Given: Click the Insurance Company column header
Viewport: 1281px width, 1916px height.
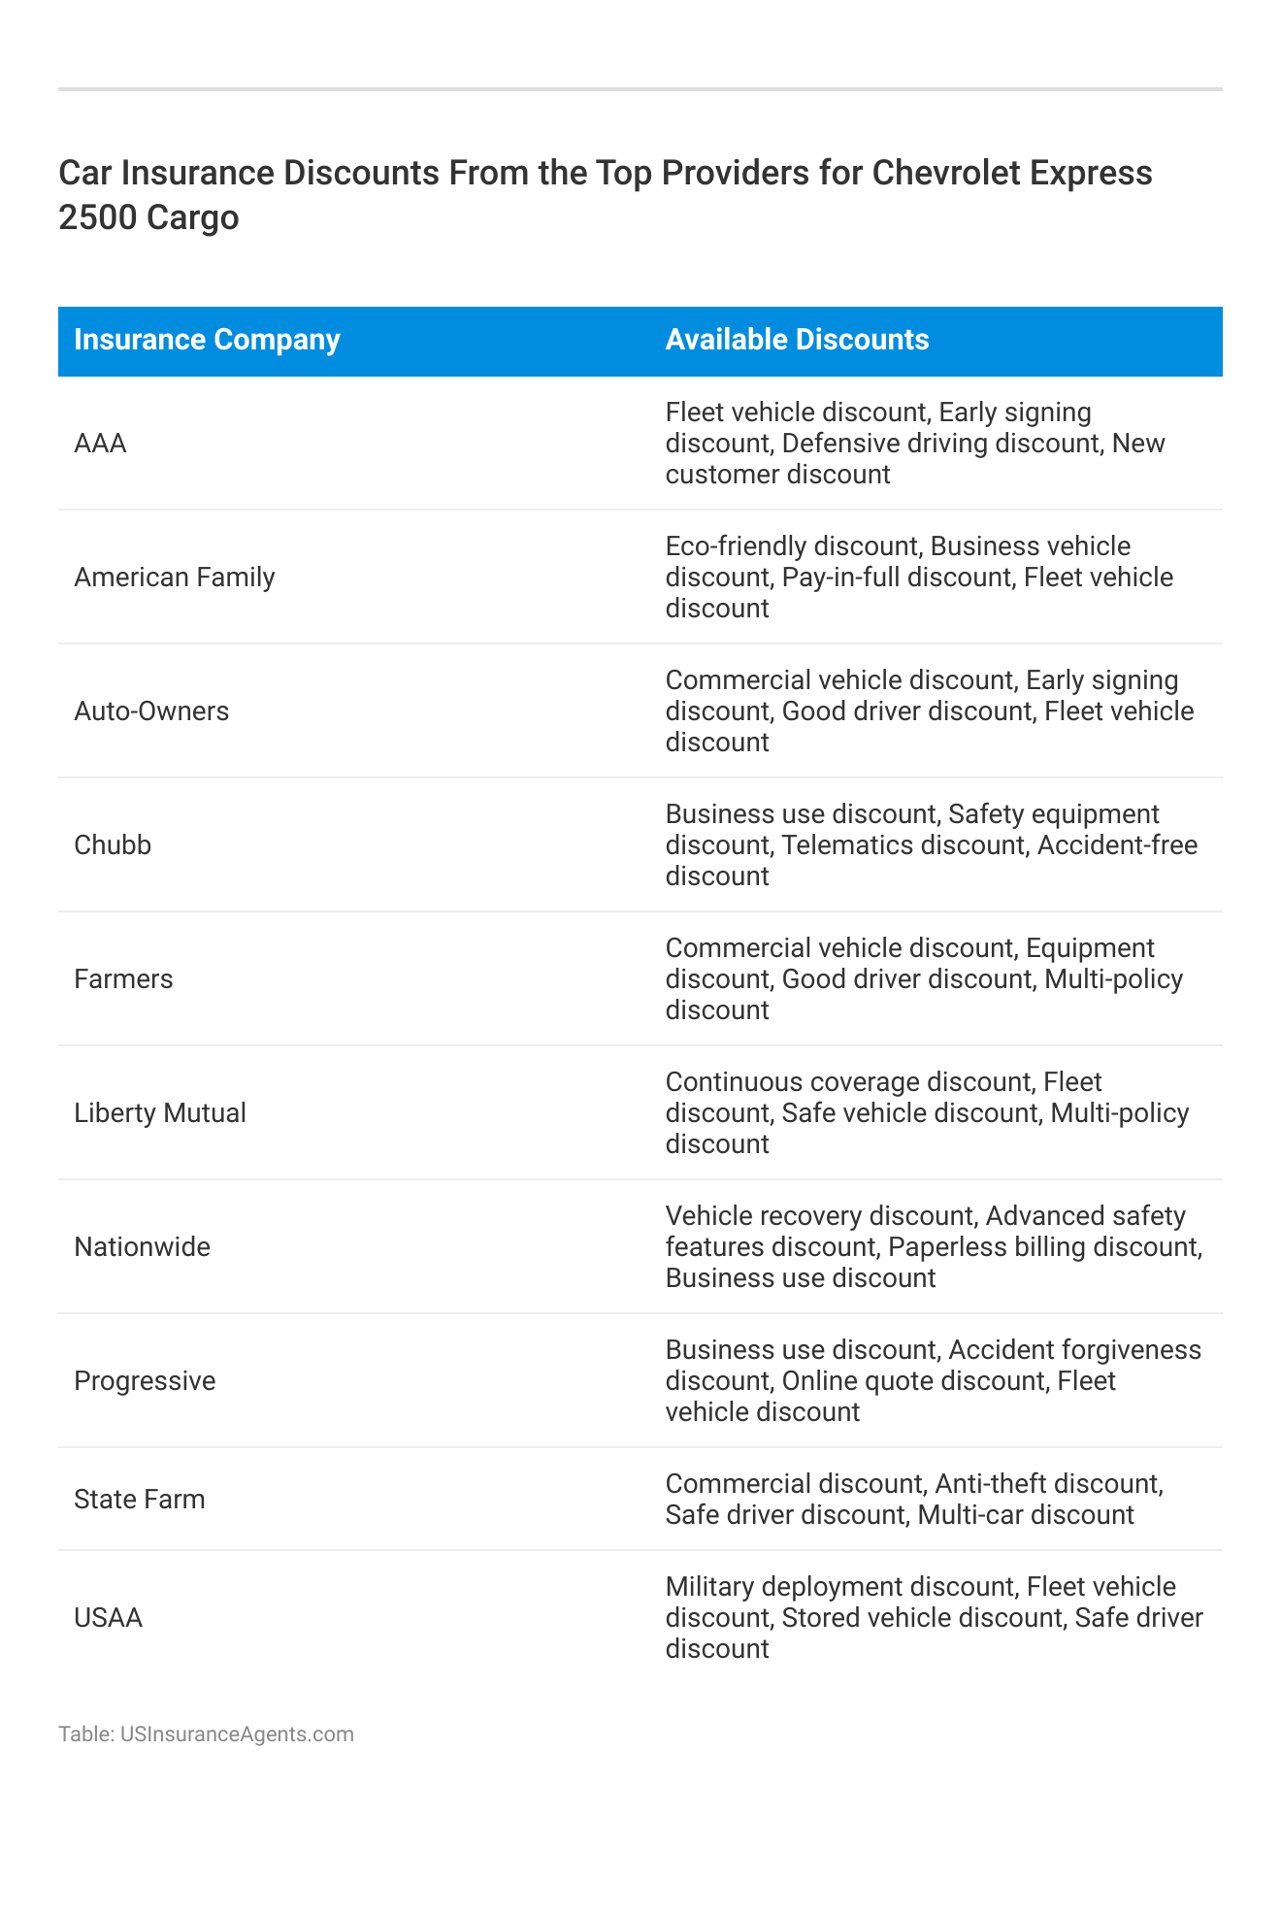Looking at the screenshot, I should click(207, 340).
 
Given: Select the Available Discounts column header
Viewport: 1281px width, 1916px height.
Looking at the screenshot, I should click(797, 340).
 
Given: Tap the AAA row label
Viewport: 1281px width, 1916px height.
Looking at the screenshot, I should click(100, 444).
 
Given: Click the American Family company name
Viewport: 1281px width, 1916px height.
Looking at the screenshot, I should click(175, 578).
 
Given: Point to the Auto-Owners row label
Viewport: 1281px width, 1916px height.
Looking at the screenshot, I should click(151, 711).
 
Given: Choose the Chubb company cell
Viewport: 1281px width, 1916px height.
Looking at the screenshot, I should click(113, 845).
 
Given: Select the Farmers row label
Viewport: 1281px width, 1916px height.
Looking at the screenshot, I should click(123, 979).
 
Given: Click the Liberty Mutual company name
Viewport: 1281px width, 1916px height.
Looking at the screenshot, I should click(160, 1113).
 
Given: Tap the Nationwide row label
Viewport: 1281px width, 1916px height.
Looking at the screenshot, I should click(142, 1247).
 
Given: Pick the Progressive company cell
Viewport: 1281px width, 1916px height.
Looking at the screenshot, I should click(145, 1381).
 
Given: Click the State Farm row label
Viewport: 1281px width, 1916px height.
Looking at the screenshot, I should click(140, 1500).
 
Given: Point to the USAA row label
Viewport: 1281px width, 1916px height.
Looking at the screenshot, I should click(108, 1618).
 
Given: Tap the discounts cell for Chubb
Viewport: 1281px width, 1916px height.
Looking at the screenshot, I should click(930, 845).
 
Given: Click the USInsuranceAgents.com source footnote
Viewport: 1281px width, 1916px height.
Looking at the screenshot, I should click(206, 1734).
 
